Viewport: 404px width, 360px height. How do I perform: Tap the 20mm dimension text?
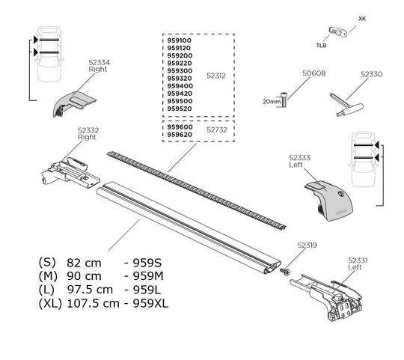pyautogui.click(x=271, y=100)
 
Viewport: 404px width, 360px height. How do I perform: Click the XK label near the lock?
pyautogui.click(x=362, y=16)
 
